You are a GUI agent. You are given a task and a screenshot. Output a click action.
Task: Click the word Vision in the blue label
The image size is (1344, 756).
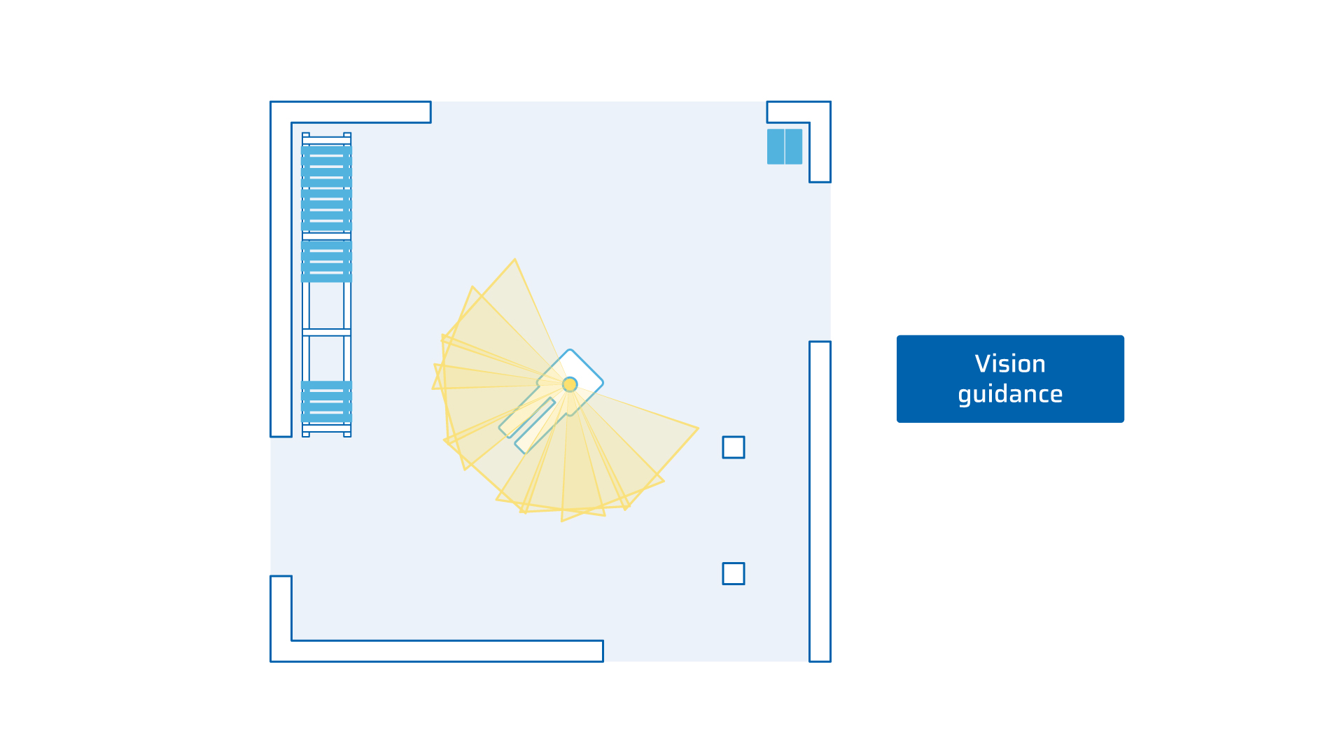click(1010, 364)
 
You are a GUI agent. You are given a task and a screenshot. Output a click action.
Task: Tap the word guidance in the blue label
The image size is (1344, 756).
click(1010, 394)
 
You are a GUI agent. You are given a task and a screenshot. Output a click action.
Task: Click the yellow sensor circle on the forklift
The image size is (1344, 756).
click(570, 384)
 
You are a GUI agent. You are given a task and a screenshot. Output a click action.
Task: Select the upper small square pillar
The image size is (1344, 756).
click(734, 447)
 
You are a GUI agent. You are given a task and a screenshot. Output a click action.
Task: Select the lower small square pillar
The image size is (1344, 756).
click(734, 573)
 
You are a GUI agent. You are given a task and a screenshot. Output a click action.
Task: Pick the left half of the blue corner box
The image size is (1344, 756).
click(776, 146)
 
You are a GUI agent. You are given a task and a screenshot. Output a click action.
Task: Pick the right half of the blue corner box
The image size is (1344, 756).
click(794, 146)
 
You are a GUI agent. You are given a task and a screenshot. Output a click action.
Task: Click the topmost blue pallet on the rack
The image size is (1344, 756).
click(326, 166)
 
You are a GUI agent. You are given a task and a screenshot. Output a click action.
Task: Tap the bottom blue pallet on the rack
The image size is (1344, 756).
click(326, 402)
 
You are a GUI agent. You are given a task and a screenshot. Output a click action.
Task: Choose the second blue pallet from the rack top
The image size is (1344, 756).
click(326, 210)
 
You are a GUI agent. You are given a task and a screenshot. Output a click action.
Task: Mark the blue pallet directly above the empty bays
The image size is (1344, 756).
click(326, 261)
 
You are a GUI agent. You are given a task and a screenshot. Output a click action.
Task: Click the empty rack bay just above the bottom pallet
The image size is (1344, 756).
click(326, 358)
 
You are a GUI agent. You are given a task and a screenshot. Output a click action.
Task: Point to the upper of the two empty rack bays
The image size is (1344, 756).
click(326, 306)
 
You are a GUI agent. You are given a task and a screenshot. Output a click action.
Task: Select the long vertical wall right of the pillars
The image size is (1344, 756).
click(820, 501)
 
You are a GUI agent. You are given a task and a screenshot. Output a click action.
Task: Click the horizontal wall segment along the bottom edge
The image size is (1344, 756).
click(447, 651)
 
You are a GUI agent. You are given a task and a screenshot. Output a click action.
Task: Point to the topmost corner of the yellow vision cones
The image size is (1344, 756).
click(514, 259)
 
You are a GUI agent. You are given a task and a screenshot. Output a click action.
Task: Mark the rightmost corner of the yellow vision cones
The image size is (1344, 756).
click(699, 428)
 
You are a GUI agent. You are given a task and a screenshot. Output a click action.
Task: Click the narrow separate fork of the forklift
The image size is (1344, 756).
click(535, 426)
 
